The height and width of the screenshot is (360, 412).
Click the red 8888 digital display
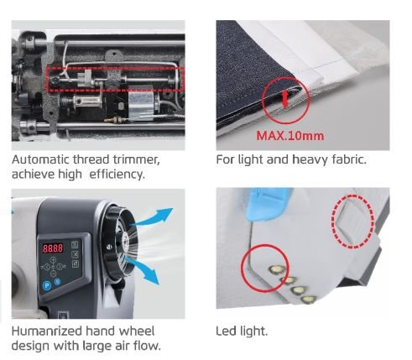pyautogui.click(x=53, y=248)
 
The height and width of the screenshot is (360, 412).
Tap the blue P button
pyautogui.click(x=47, y=285)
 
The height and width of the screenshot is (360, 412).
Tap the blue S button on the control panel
pyautogui.click(x=57, y=282)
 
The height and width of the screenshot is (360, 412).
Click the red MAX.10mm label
pyautogui.click(x=290, y=136)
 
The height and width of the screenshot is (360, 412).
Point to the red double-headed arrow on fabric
pyautogui.click(x=285, y=100)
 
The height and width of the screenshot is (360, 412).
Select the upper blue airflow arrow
pyautogui.click(x=154, y=217)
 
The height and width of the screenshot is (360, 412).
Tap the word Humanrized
pyautogui.click(x=47, y=331)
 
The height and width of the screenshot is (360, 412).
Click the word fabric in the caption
pyautogui.click(x=349, y=159)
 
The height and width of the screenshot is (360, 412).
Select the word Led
pyautogui.click(x=226, y=331)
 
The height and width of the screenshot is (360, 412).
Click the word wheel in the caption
pyautogui.click(x=137, y=331)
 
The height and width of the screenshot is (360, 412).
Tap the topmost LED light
pyautogui.click(x=277, y=269)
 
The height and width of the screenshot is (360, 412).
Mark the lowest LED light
pyautogui.click(x=309, y=300)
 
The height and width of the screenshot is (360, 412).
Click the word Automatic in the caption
pyautogui.click(x=41, y=159)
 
